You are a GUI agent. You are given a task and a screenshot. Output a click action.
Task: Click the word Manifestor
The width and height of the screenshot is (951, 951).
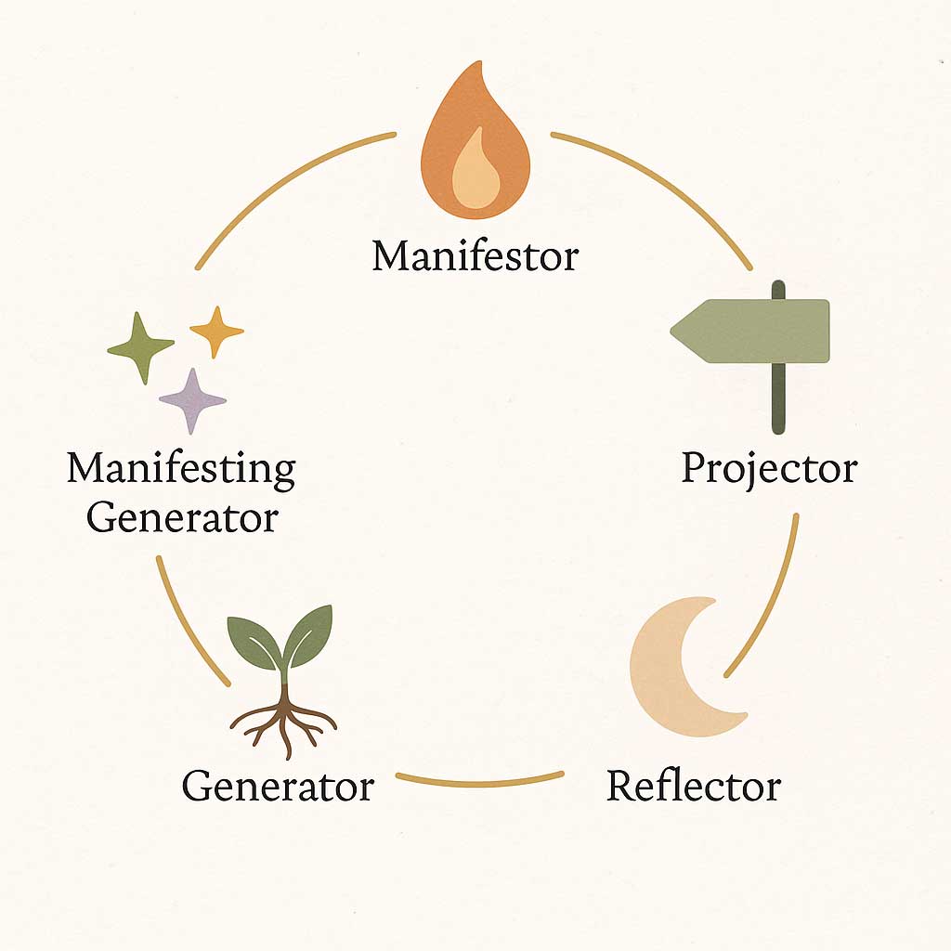475,255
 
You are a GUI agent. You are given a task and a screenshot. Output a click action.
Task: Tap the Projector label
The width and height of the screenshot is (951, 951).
769,468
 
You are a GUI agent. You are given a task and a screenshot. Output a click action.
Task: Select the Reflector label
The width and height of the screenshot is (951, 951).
694,786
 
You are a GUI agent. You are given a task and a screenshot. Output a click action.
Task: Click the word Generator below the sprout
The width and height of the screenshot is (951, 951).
278,786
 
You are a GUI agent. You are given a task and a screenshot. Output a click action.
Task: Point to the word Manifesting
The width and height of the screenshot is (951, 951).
181,470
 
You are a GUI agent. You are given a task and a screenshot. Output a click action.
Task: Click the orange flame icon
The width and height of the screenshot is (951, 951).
475,139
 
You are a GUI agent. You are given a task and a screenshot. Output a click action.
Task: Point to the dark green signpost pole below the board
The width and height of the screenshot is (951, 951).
778,399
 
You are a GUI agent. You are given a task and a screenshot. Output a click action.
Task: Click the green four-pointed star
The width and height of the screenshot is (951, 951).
141,348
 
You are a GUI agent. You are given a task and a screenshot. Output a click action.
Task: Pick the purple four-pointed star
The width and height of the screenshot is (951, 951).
192,400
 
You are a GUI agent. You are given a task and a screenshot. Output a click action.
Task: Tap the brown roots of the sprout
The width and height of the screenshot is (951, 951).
283,720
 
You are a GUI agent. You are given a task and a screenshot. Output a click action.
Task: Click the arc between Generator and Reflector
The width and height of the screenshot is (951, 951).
479,777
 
